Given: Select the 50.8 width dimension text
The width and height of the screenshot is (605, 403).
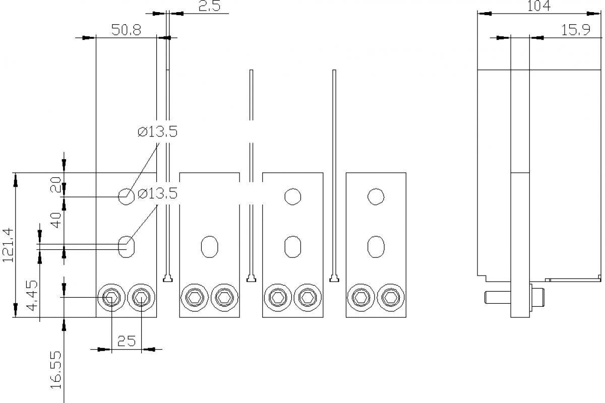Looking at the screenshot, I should click(126, 30).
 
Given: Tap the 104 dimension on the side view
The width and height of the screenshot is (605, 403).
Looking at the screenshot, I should click(539, 6).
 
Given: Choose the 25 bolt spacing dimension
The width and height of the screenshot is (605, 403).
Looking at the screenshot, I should click(126, 341).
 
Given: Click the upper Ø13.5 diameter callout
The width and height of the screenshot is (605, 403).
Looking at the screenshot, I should click(157, 132).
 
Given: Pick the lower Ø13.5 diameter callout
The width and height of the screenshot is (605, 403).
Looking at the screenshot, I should click(157, 193).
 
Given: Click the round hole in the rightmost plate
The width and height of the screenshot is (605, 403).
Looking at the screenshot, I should click(376, 196).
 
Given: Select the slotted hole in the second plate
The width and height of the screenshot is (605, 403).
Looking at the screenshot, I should click(209, 246).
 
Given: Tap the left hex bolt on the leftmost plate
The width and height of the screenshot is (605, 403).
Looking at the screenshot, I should click(111, 298).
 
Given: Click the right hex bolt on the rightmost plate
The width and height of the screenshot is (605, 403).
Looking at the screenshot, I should click(391, 298).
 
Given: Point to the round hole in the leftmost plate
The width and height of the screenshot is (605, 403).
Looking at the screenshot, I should click(126, 196).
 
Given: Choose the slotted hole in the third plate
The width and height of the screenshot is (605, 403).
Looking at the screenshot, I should click(292, 246).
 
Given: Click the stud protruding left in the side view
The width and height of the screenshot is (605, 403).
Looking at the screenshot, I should click(497, 298).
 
